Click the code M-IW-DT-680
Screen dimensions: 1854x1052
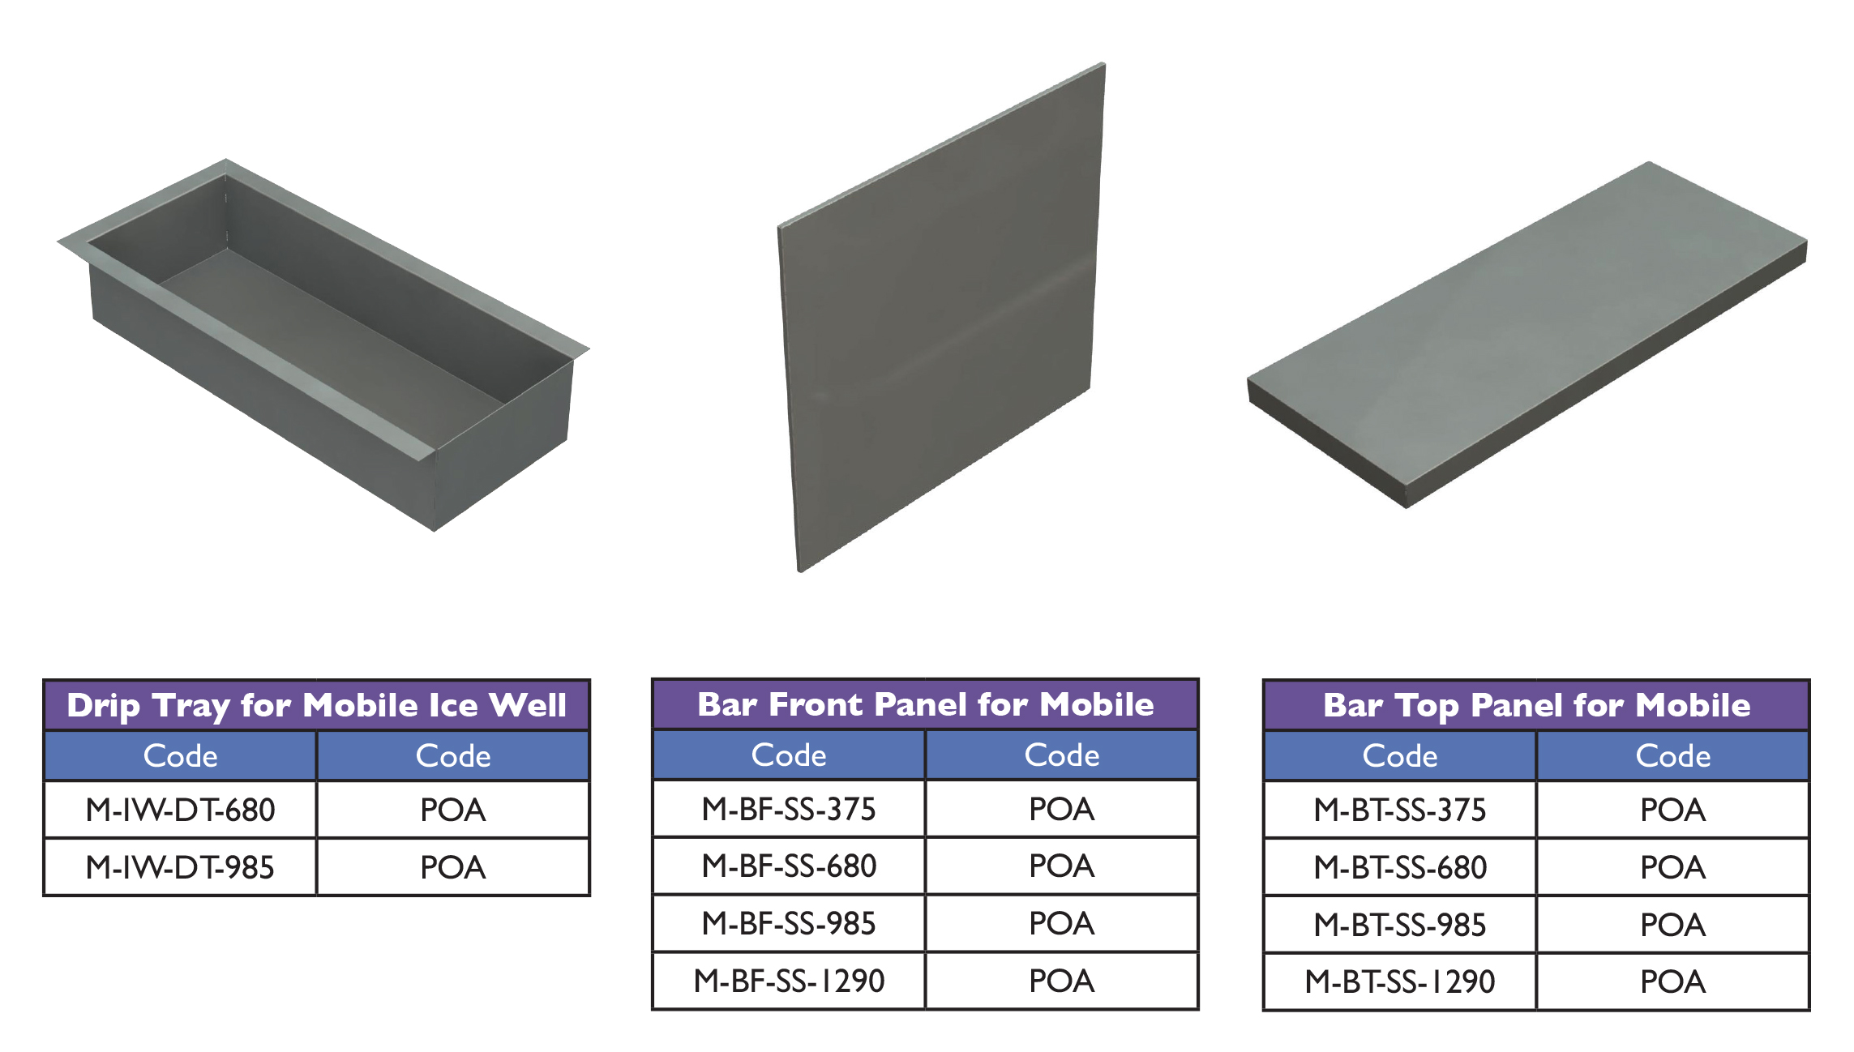pyautogui.click(x=180, y=810)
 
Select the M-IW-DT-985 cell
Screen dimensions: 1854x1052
pyautogui.click(x=180, y=867)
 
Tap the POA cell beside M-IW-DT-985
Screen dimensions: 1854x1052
pyautogui.click(x=453, y=867)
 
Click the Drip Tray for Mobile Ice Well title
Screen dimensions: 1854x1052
pyautogui.click(x=316, y=705)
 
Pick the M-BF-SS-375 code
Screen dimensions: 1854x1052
pyautogui.click(x=789, y=809)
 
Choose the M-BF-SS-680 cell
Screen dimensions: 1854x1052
pyautogui.click(x=789, y=866)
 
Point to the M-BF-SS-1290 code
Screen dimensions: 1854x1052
pyautogui.click(x=789, y=981)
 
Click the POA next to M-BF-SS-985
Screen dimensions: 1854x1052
pyautogui.click(x=1062, y=923)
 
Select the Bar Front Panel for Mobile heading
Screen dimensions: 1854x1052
pyautogui.click(x=925, y=704)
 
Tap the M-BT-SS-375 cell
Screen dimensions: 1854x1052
pyautogui.click(x=1400, y=810)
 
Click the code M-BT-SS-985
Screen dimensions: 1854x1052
pyautogui.click(x=1400, y=925)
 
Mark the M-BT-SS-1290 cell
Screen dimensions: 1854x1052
pyautogui.click(x=1400, y=982)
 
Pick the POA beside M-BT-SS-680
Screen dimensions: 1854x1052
pyautogui.click(x=1673, y=867)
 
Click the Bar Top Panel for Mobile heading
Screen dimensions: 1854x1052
pyautogui.click(x=1536, y=705)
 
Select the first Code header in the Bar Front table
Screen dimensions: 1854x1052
pyautogui.click(x=789, y=755)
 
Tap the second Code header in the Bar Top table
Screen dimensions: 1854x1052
pyautogui.click(x=1673, y=755)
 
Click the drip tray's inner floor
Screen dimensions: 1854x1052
pyautogui.click(x=332, y=324)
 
